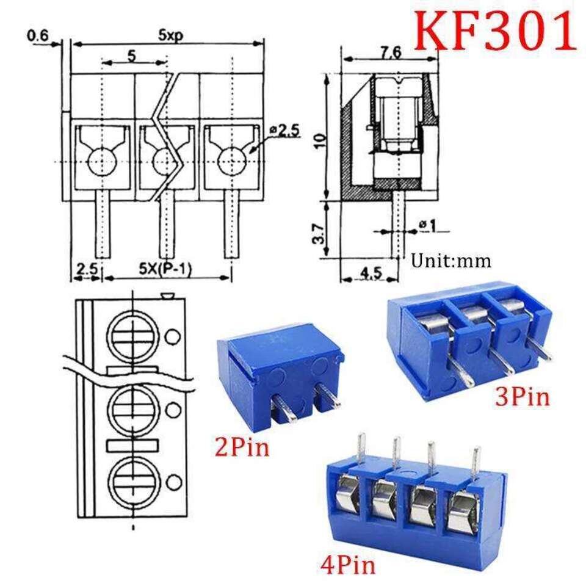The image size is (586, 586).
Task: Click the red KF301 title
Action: click(x=495, y=31)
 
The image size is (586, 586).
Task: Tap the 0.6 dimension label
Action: click(x=38, y=36)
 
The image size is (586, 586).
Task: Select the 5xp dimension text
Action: click(x=170, y=35)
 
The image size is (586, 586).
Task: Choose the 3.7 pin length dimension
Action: click(x=319, y=234)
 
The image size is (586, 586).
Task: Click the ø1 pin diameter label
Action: click(x=427, y=225)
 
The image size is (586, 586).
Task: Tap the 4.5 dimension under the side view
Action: click(x=371, y=273)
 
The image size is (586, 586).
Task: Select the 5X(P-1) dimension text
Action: click(x=165, y=269)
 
